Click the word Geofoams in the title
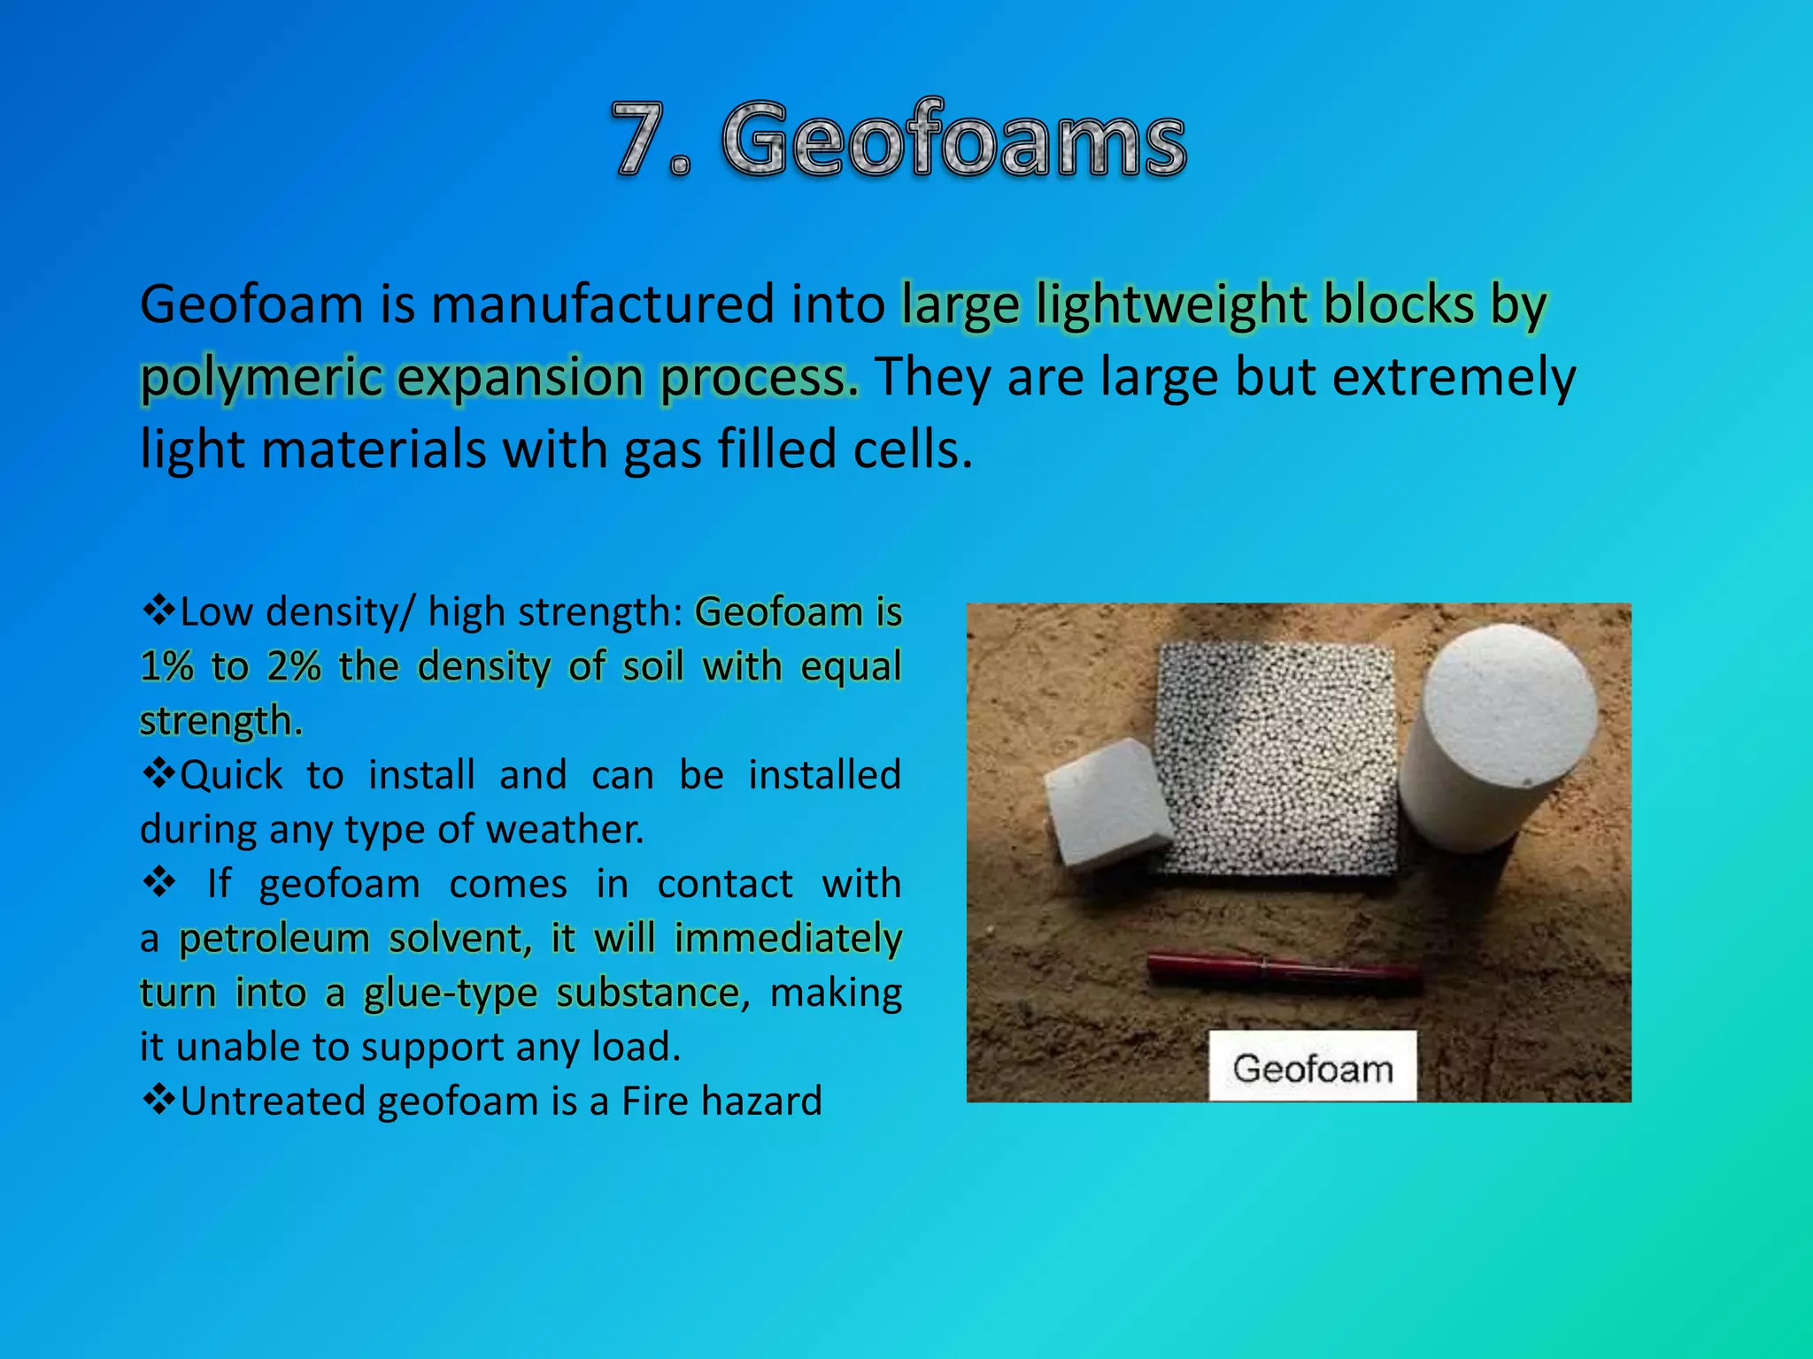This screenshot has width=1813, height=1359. pyautogui.click(x=953, y=140)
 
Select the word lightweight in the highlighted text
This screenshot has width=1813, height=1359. pyautogui.click(x=1171, y=304)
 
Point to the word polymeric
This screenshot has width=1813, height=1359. pyautogui.click(x=261, y=378)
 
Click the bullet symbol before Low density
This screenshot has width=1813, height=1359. pyautogui.click(x=158, y=610)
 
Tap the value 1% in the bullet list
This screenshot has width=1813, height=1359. pyautogui.click(x=166, y=666)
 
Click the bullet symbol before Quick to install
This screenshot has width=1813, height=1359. pyautogui.click(x=158, y=773)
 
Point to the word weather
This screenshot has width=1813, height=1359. pyautogui.click(x=565, y=830)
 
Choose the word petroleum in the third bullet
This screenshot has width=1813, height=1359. pyautogui.click(x=274, y=939)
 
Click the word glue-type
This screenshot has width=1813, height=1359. pyautogui.click(x=451, y=994)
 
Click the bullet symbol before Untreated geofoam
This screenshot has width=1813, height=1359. pyautogui.click(x=158, y=1100)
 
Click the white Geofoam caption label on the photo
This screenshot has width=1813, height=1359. pyautogui.click(x=1312, y=1068)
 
